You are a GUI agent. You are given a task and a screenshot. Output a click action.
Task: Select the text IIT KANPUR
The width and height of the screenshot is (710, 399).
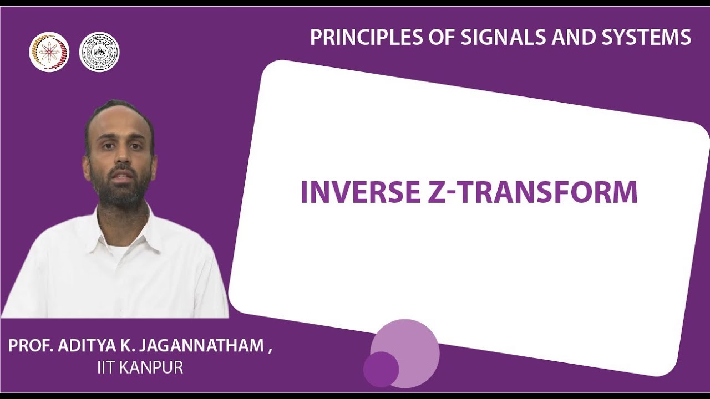click(x=140, y=367)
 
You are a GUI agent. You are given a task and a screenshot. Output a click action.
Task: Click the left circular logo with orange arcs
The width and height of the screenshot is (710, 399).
click(x=49, y=52)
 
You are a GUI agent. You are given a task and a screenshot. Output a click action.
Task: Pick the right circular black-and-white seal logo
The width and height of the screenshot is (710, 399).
click(x=99, y=52)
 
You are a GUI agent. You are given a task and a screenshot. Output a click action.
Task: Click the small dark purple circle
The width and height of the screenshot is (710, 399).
click(x=381, y=369)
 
